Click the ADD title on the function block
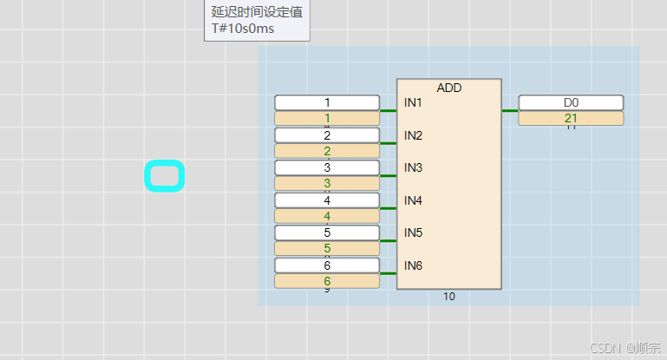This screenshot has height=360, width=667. point(448,88)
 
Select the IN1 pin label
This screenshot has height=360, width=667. point(413,103)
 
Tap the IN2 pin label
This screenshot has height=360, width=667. point(413,135)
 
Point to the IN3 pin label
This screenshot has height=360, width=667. point(413,167)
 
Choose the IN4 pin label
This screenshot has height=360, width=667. point(413,200)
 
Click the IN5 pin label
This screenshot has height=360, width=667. point(413,232)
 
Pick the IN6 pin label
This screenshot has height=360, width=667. point(413,265)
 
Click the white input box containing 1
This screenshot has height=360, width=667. point(327,102)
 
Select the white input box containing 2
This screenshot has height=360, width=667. point(327,135)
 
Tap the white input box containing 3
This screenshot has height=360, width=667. point(327,167)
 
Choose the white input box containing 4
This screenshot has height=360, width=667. point(327,200)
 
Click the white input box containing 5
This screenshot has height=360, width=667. point(327,232)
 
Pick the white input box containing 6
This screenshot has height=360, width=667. point(327,265)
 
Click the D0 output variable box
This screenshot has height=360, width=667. point(571,102)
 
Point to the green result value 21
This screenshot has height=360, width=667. point(571,118)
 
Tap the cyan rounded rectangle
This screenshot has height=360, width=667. point(164,176)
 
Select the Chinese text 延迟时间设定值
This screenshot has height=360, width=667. point(257,12)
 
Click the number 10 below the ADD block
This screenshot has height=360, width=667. point(448,297)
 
